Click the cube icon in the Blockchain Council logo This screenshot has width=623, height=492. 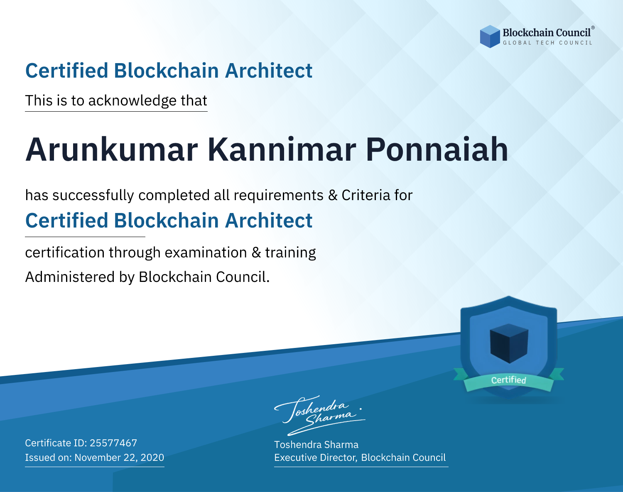point(490,37)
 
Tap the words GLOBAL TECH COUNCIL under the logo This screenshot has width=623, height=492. point(547,43)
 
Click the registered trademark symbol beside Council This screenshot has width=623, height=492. point(593,28)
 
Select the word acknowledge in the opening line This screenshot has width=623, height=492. point(132,101)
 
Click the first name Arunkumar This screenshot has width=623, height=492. point(112,149)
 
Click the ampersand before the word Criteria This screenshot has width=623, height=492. point(333,196)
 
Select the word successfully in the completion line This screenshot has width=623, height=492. point(93,196)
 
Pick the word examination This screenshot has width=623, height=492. point(206,252)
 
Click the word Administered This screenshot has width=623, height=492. point(70,277)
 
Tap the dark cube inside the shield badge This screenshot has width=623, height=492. point(509,343)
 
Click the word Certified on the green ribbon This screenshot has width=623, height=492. point(509,380)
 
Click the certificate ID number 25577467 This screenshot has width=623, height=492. point(113,443)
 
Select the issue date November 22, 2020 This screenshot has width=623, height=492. point(119,458)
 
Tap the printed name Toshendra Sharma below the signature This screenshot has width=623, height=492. point(316,445)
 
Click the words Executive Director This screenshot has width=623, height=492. point(315,458)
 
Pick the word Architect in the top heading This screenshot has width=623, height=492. point(269,71)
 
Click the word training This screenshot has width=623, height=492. point(291,253)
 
